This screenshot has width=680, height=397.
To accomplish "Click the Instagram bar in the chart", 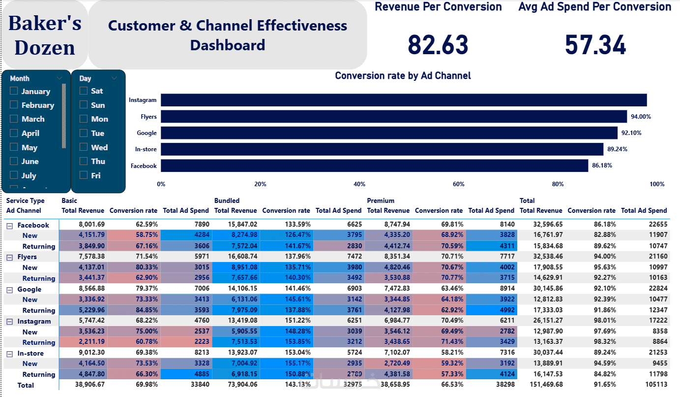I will [x=403, y=100].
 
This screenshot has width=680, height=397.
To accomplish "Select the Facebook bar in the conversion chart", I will [x=374, y=166].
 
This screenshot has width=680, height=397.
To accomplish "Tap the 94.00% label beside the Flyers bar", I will [x=641, y=117].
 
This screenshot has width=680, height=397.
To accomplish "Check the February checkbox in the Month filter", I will [x=14, y=105].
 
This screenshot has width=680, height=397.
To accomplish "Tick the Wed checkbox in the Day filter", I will [x=84, y=147].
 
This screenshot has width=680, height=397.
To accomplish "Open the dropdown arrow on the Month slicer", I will [x=59, y=78].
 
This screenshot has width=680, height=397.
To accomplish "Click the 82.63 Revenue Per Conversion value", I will [x=438, y=45].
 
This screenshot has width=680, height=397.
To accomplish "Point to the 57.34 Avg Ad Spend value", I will [x=595, y=45].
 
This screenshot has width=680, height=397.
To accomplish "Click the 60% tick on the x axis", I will [x=458, y=184].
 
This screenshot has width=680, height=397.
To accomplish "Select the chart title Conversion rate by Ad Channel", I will [x=403, y=76].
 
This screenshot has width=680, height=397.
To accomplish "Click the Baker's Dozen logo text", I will [x=45, y=35].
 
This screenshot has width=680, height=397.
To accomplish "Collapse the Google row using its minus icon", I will [x=9, y=290].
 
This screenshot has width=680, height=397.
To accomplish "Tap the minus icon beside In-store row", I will [x=9, y=354].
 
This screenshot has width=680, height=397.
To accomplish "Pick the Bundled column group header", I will [x=227, y=200].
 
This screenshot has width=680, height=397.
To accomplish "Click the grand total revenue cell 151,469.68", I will [x=541, y=385].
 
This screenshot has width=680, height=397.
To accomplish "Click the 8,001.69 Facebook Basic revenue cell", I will [x=91, y=225].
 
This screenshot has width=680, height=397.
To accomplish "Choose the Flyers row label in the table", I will [x=27, y=257].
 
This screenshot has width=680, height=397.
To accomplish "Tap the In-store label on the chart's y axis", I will [x=146, y=149].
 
